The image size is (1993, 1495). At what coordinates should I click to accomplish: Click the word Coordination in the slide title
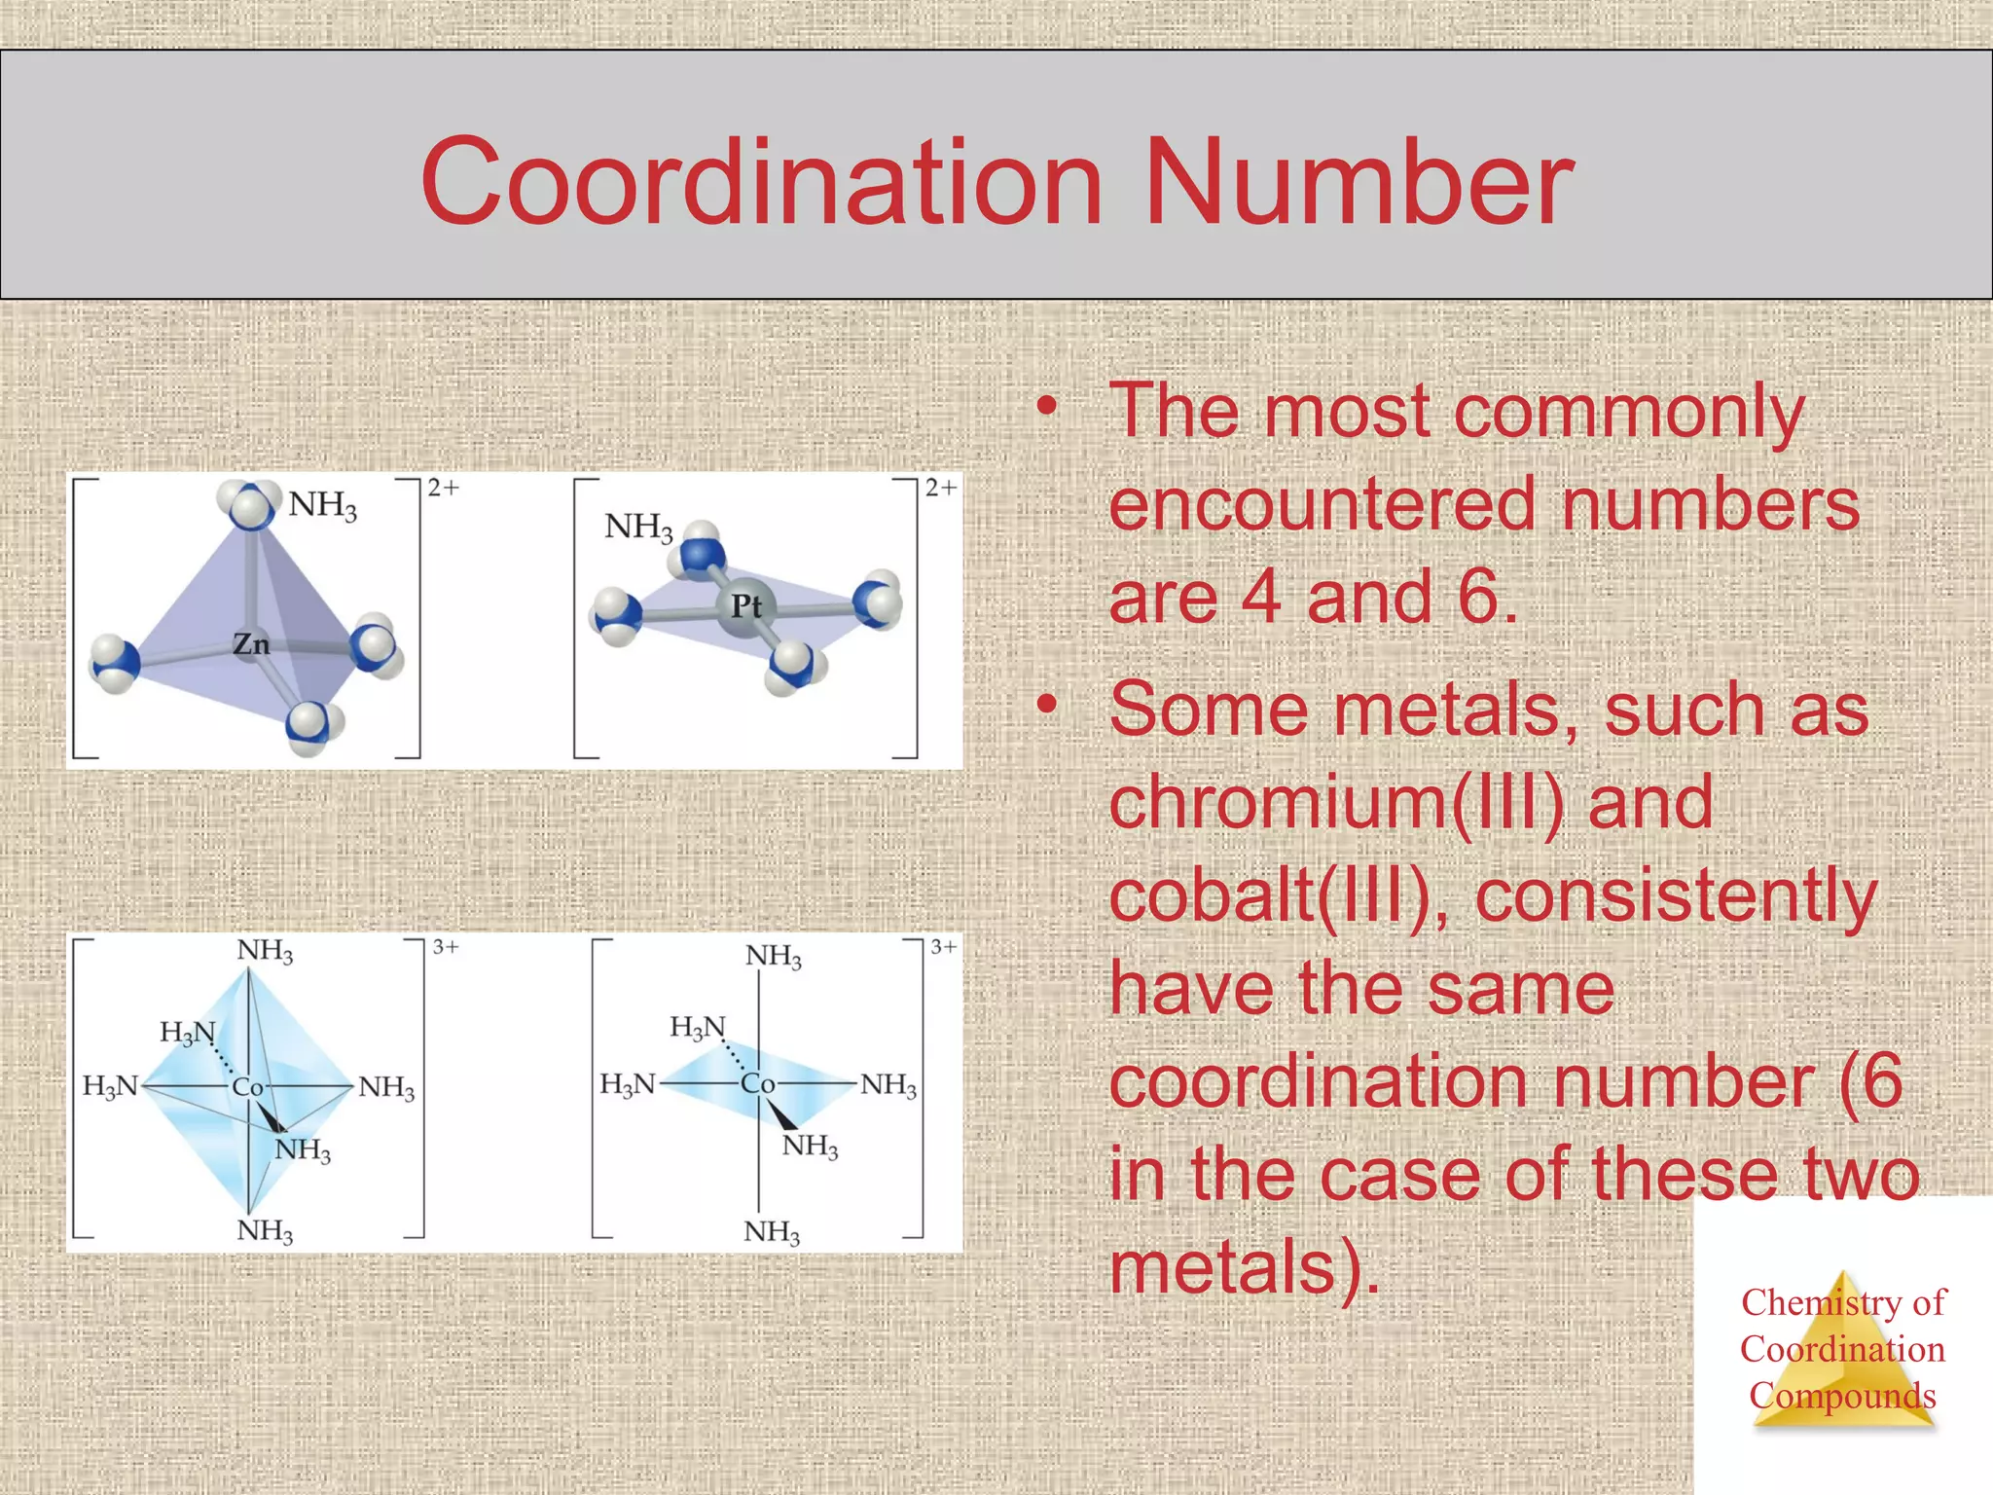761,183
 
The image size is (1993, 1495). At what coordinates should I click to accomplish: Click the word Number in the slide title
1359,183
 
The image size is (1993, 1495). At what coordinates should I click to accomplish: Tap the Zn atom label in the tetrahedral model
251,644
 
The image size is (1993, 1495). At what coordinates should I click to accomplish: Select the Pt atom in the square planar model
745,606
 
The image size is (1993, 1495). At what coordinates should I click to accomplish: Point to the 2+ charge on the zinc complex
443,488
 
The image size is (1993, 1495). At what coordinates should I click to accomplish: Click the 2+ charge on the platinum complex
940,488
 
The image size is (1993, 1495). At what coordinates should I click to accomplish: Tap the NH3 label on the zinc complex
322,505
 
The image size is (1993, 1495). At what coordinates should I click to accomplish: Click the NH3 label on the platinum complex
638,528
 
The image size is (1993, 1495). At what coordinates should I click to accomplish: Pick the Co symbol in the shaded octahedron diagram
247,1087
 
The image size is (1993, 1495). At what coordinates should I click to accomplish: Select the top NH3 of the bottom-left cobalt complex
265,951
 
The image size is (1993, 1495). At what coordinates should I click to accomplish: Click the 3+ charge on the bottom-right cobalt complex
943,947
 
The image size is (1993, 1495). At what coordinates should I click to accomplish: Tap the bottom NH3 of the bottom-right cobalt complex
772,1232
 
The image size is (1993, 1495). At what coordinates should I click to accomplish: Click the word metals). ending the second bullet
1245,1267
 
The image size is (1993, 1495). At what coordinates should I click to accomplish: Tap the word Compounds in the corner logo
1842,1396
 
